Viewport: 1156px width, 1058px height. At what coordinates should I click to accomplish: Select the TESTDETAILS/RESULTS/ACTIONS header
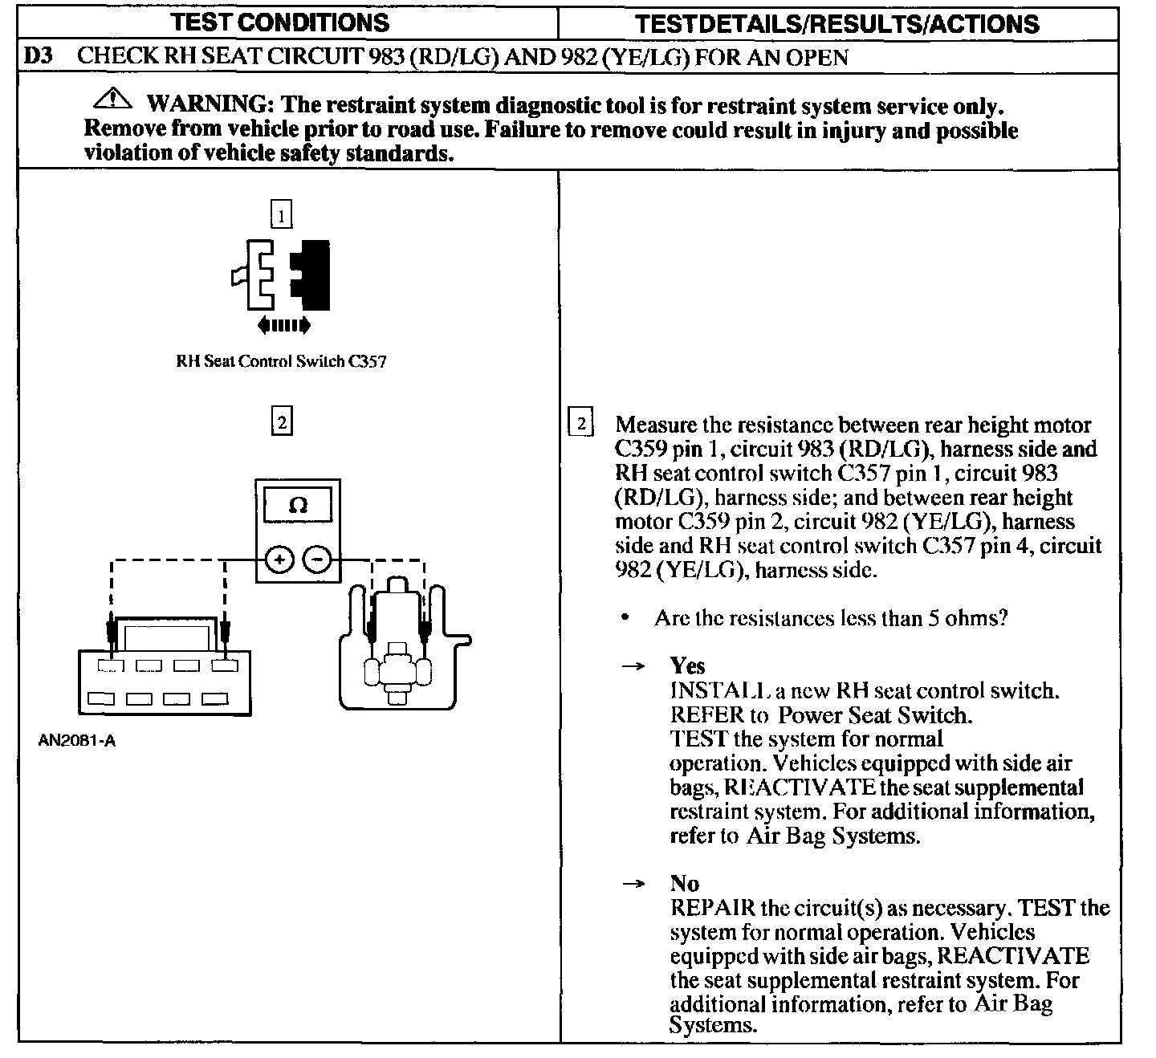tap(836, 23)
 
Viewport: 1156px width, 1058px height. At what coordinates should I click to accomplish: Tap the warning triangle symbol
tap(112, 100)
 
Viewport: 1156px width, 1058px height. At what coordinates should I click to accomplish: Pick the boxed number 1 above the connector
tap(281, 214)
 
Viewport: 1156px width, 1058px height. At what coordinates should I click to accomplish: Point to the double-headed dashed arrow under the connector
tap(283, 325)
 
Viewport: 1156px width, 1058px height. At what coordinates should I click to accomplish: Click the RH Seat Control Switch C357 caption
tap(281, 361)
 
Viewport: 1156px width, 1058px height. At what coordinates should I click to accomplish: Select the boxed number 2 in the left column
tap(281, 421)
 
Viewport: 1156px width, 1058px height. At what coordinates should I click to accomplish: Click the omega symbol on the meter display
tap(298, 506)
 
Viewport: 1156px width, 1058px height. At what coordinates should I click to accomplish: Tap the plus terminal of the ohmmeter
tap(279, 560)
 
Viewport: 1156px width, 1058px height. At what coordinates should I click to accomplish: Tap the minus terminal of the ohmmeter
tap(318, 560)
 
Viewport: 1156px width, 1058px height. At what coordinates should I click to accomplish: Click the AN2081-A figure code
tap(77, 740)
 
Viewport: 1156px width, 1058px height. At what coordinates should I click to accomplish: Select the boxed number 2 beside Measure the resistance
tap(580, 422)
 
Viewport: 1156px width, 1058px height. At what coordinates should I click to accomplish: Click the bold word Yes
tap(687, 665)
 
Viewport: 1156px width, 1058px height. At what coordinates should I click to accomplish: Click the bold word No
tap(684, 884)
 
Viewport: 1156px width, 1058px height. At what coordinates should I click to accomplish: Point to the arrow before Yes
tap(634, 666)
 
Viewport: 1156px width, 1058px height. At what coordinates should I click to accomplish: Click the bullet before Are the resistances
tap(625, 618)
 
